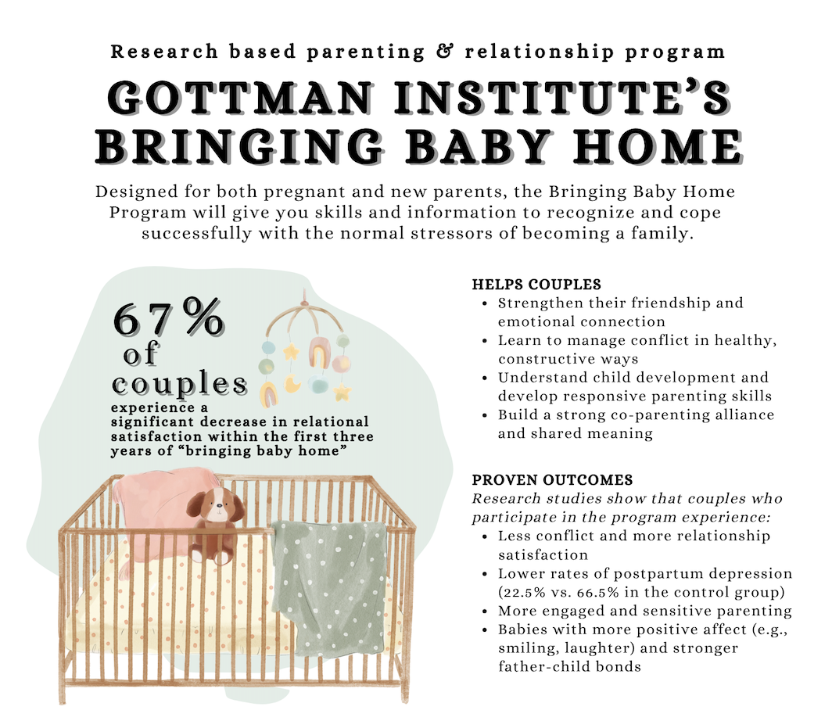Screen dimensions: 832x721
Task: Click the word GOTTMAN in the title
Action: [x=239, y=99]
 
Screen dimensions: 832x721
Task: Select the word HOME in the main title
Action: [x=658, y=146]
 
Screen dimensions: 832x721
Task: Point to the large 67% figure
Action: [x=168, y=317]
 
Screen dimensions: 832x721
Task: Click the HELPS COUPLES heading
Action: [x=536, y=285]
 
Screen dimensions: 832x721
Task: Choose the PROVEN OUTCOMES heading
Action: [x=552, y=480]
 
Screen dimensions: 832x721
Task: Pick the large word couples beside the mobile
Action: [x=179, y=384]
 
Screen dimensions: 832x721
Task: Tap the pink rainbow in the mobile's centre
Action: [x=319, y=352]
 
